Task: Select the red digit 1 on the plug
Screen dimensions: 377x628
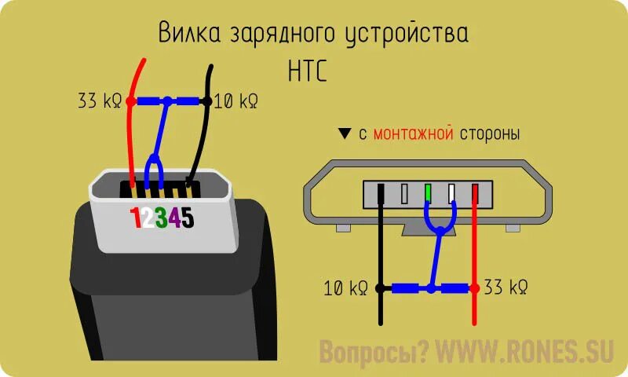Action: [137, 218]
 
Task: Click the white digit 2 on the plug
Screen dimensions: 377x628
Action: [150, 218]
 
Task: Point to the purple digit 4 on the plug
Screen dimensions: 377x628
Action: [177, 218]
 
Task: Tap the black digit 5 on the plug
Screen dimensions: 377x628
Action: [189, 218]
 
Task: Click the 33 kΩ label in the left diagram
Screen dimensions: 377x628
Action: [100, 101]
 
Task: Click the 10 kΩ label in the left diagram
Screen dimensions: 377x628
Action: [235, 101]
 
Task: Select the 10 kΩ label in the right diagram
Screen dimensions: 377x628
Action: [346, 288]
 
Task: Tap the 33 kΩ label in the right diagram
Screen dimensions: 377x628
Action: [506, 288]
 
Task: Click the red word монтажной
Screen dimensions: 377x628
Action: [413, 134]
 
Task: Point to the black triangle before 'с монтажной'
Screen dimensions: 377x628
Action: [344, 134]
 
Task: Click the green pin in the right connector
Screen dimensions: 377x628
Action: [428, 193]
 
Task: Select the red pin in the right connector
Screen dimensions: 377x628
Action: [474, 193]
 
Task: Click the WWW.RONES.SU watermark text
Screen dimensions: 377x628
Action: [517, 353]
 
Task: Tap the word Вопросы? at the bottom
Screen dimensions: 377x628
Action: [374, 353]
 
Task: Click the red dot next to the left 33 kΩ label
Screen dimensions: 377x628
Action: [130, 101]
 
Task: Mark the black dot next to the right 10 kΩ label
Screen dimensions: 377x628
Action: [381, 288]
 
